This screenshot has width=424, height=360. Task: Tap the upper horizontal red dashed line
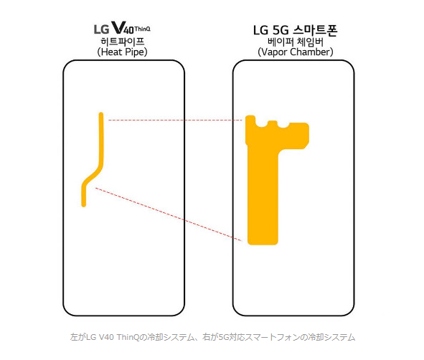(x=175, y=120)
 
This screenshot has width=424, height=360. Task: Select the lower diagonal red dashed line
(x=169, y=214)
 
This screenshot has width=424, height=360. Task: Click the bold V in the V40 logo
(x=118, y=27)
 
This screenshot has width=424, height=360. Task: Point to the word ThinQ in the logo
(x=142, y=29)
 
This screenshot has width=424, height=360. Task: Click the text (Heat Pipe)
(x=122, y=52)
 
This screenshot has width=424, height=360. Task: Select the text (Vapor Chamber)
(x=296, y=52)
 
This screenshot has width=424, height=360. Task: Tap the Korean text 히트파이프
(x=123, y=42)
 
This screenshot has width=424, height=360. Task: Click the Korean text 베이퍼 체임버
(x=296, y=42)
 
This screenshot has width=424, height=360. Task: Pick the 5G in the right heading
(x=281, y=30)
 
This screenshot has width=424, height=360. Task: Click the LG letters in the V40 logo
(x=101, y=29)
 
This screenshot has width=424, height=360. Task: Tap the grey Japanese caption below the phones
(x=212, y=337)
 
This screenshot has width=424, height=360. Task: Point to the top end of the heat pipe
(x=101, y=113)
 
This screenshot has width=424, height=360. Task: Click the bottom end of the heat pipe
(x=83, y=206)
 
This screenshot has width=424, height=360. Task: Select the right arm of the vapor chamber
(x=294, y=136)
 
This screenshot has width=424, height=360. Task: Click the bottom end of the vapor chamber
(x=263, y=244)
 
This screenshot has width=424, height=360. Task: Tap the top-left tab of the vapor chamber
(x=250, y=119)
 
